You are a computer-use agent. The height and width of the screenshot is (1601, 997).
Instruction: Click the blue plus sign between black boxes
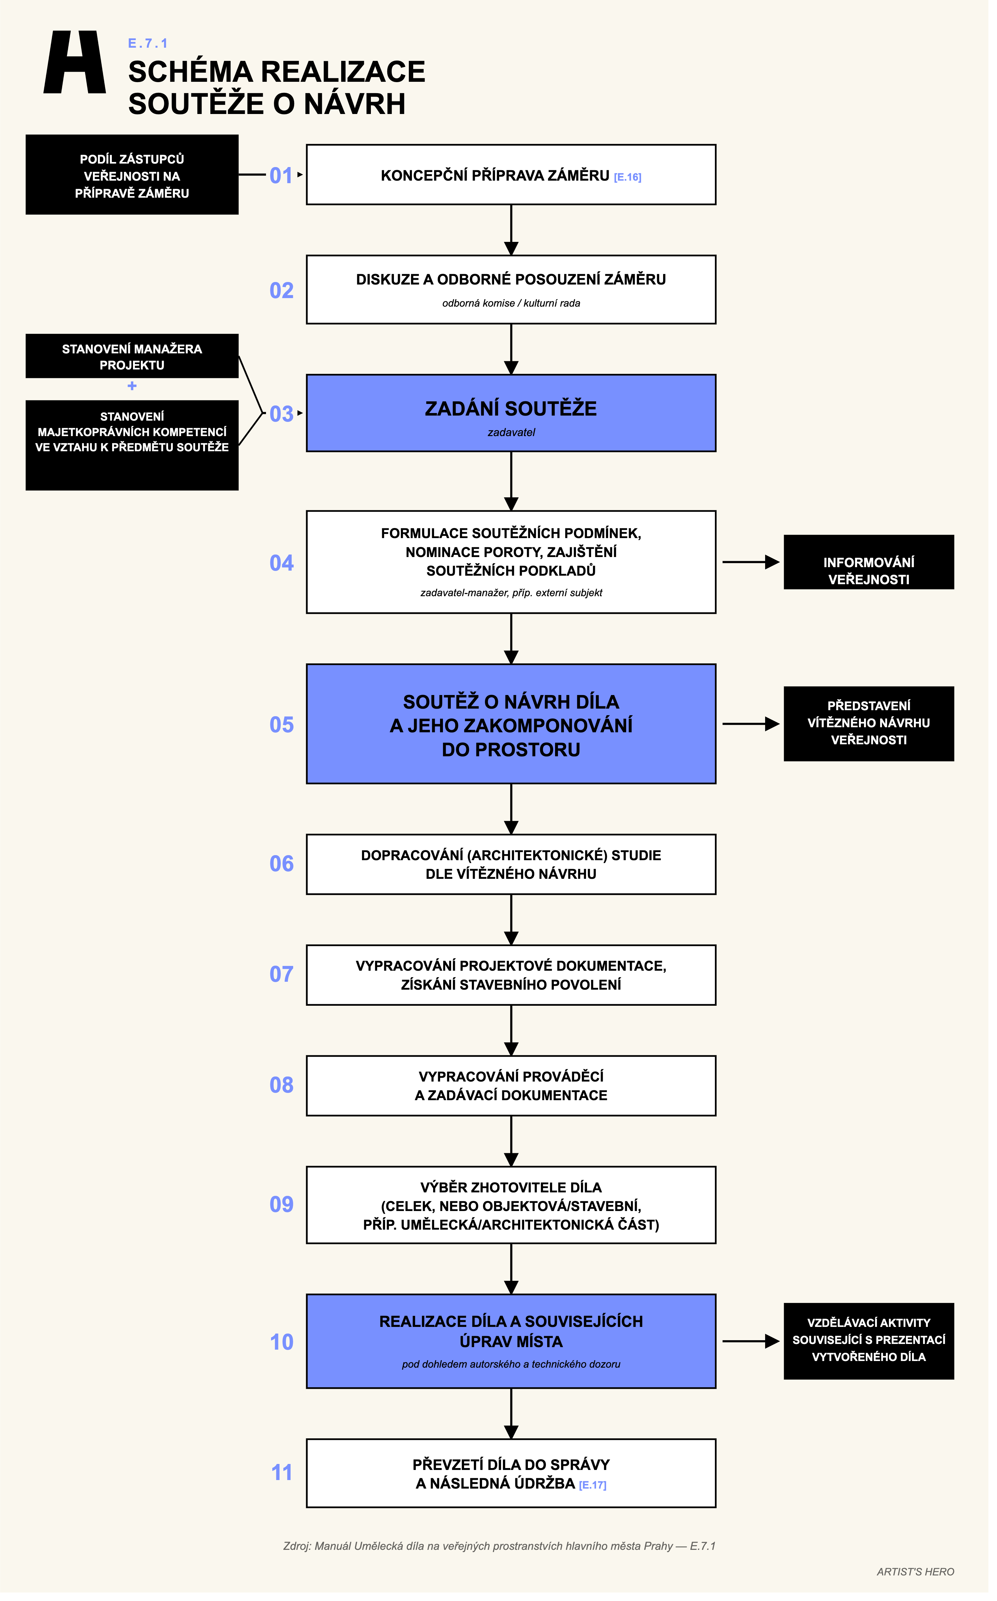133,389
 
